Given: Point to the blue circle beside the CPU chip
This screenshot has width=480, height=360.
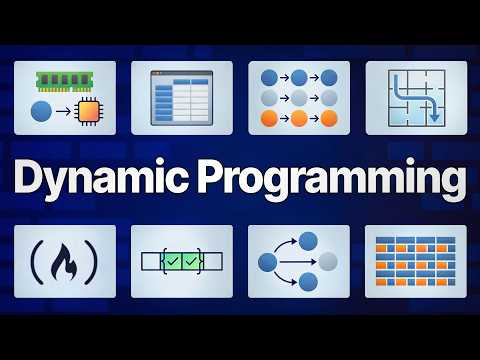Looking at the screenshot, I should (43, 112).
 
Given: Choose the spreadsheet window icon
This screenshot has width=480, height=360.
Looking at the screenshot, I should (182, 98).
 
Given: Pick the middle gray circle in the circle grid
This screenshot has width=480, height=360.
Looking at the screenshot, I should (299, 98).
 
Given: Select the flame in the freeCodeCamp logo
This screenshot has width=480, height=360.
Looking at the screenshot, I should (64, 262).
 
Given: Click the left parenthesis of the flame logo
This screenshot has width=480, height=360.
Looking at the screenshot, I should (38, 262).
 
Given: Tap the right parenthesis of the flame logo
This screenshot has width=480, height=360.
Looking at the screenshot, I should (91, 262).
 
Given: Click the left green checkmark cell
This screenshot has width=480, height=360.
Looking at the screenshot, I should (172, 262).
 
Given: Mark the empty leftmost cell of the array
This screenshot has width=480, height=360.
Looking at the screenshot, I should (150, 262).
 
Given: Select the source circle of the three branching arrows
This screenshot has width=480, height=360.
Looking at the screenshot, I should (267, 262).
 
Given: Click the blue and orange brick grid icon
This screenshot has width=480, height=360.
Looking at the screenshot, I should (415, 262).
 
